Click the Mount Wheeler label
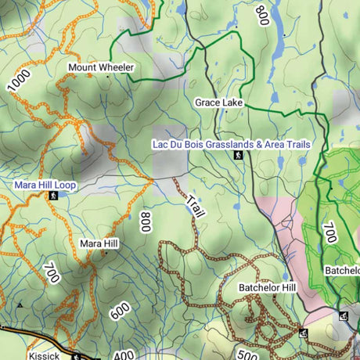coord(101,67)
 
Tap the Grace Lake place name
coord(219,103)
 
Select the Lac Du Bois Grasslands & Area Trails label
coord(231,144)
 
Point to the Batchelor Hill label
coord(268,288)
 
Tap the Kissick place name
coord(44,355)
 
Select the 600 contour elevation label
coord(120,311)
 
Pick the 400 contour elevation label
coord(124,355)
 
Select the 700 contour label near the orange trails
coord(52,274)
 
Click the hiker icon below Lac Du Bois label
coord(238,156)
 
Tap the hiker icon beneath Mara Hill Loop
coord(52,196)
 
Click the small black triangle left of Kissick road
coord(20,304)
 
